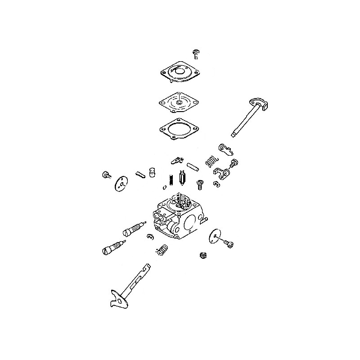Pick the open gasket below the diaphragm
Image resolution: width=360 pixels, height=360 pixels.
click(180, 128)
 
